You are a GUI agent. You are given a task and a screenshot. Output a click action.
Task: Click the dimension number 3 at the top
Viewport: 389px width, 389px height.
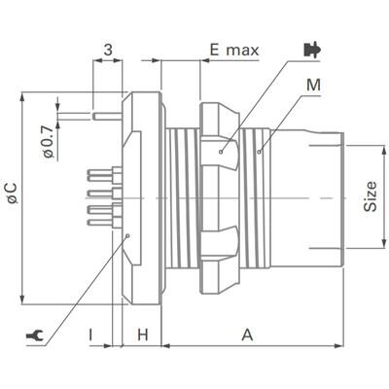[x=107, y=49]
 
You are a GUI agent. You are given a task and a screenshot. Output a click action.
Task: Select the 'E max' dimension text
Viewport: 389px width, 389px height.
[x=233, y=50]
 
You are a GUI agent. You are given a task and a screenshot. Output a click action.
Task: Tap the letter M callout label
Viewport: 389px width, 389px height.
[x=312, y=86]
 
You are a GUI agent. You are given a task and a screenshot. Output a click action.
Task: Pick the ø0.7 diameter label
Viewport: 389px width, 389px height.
[x=47, y=137]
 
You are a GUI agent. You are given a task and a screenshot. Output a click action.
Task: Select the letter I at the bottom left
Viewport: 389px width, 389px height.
[x=90, y=335]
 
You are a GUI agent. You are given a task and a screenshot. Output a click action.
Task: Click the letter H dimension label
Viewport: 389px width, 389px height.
[x=142, y=335]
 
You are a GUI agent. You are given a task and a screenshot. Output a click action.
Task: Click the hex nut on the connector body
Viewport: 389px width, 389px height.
[x=219, y=194]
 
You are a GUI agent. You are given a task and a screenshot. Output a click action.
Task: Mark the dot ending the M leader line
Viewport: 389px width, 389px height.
[x=260, y=151]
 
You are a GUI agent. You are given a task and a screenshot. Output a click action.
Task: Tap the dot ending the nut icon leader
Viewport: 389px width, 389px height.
[x=222, y=151]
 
